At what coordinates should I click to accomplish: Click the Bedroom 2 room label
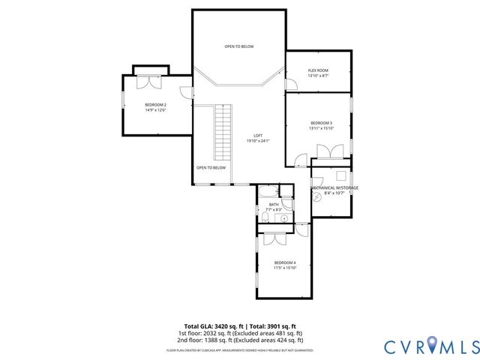tap(155, 105)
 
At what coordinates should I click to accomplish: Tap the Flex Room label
tap(318, 71)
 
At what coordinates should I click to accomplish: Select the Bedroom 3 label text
tap(321, 123)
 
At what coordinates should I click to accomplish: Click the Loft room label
tap(257, 136)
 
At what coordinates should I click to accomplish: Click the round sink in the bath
tap(284, 218)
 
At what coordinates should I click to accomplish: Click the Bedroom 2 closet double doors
tap(150, 79)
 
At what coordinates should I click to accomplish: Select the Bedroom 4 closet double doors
tap(274, 238)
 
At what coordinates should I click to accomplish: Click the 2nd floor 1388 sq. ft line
tap(239, 340)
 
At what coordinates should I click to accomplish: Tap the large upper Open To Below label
tap(238, 46)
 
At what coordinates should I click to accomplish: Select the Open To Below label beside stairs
tap(211, 168)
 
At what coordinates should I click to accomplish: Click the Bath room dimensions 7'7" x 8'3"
tap(273, 209)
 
